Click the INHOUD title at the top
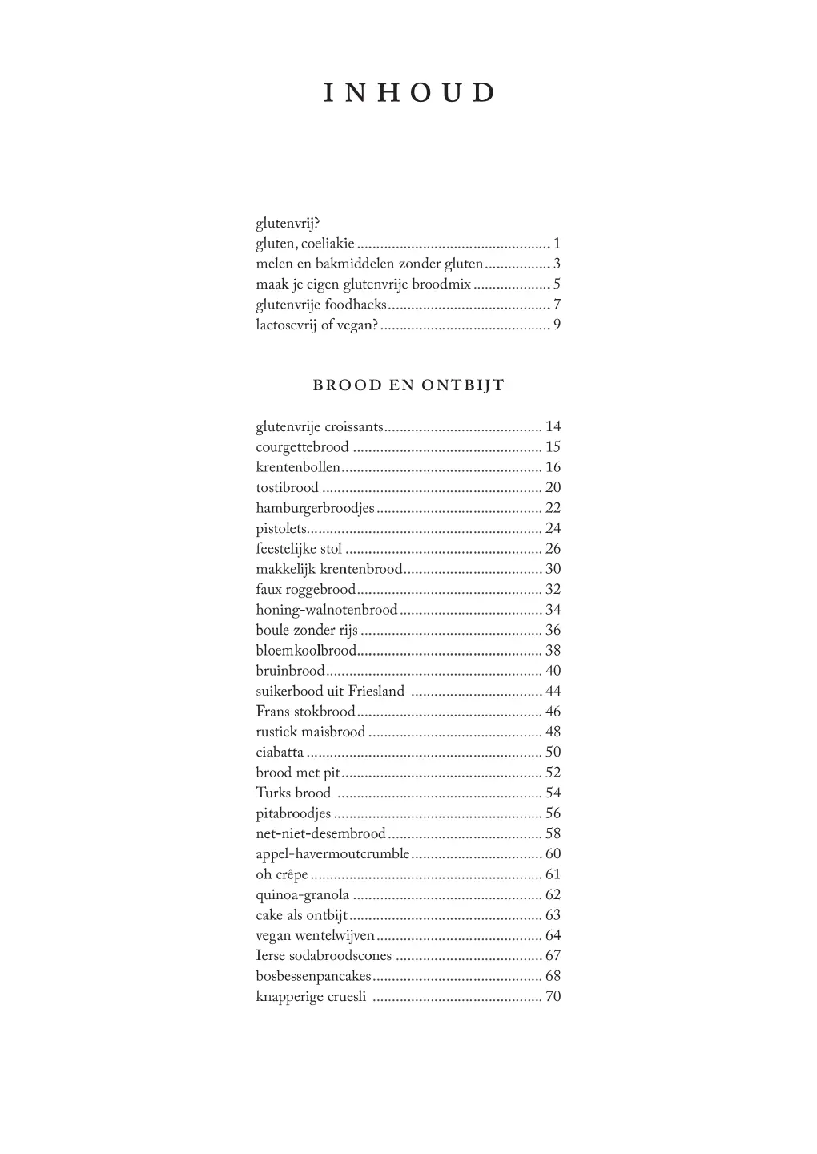tap(408, 93)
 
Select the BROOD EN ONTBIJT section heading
tap(408, 385)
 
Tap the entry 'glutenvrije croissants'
tap(320, 427)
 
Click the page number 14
tap(553, 427)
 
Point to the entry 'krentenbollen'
tap(298, 468)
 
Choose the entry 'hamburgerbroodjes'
tap(315, 508)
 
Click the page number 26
tap(553, 549)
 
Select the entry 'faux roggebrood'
tap(305, 590)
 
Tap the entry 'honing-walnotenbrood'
tap(326, 610)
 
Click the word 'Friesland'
tap(376, 692)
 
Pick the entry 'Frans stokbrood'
tap(305, 712)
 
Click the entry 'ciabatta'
tap(280, 753)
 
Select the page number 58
tap(553, 834)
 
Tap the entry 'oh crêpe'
tap(282, 875)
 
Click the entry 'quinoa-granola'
tap(302, 895)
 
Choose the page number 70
tap(553, 997)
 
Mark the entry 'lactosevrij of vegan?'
tap(316, 325)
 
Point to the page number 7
tap(557, 305)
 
